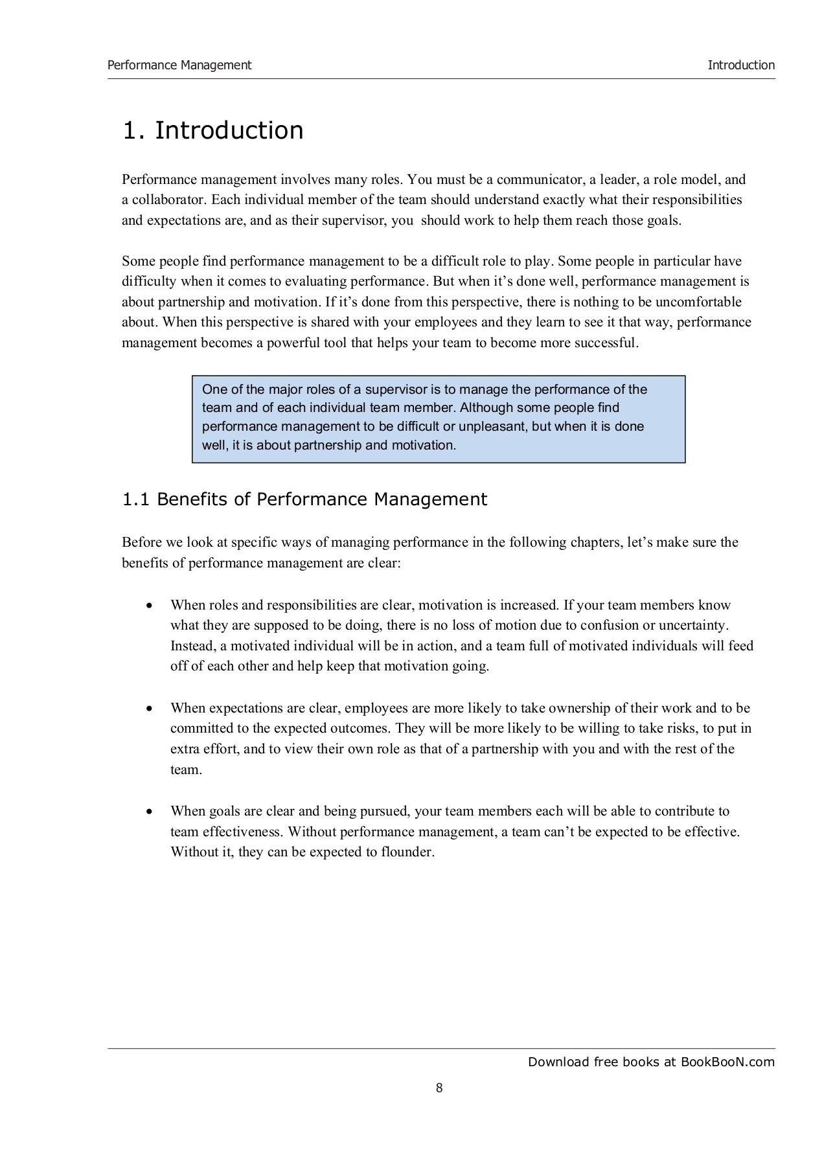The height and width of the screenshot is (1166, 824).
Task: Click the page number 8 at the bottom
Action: click(439, 1088)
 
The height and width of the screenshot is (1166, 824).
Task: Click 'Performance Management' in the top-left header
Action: click(179, 65)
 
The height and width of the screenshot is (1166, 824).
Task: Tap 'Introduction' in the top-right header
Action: click(740, 65)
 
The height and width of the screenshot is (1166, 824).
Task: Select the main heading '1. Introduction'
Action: click(213, 130)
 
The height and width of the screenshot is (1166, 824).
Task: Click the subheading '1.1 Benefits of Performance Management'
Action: click(304, 499)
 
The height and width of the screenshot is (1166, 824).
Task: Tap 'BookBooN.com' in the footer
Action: click(727, 1062)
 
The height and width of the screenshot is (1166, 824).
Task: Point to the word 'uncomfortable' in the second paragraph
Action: click(698, 302)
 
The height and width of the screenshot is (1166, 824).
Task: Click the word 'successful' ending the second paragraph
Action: click(605, 343)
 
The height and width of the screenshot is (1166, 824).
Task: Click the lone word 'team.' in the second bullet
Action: click(187, 770)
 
